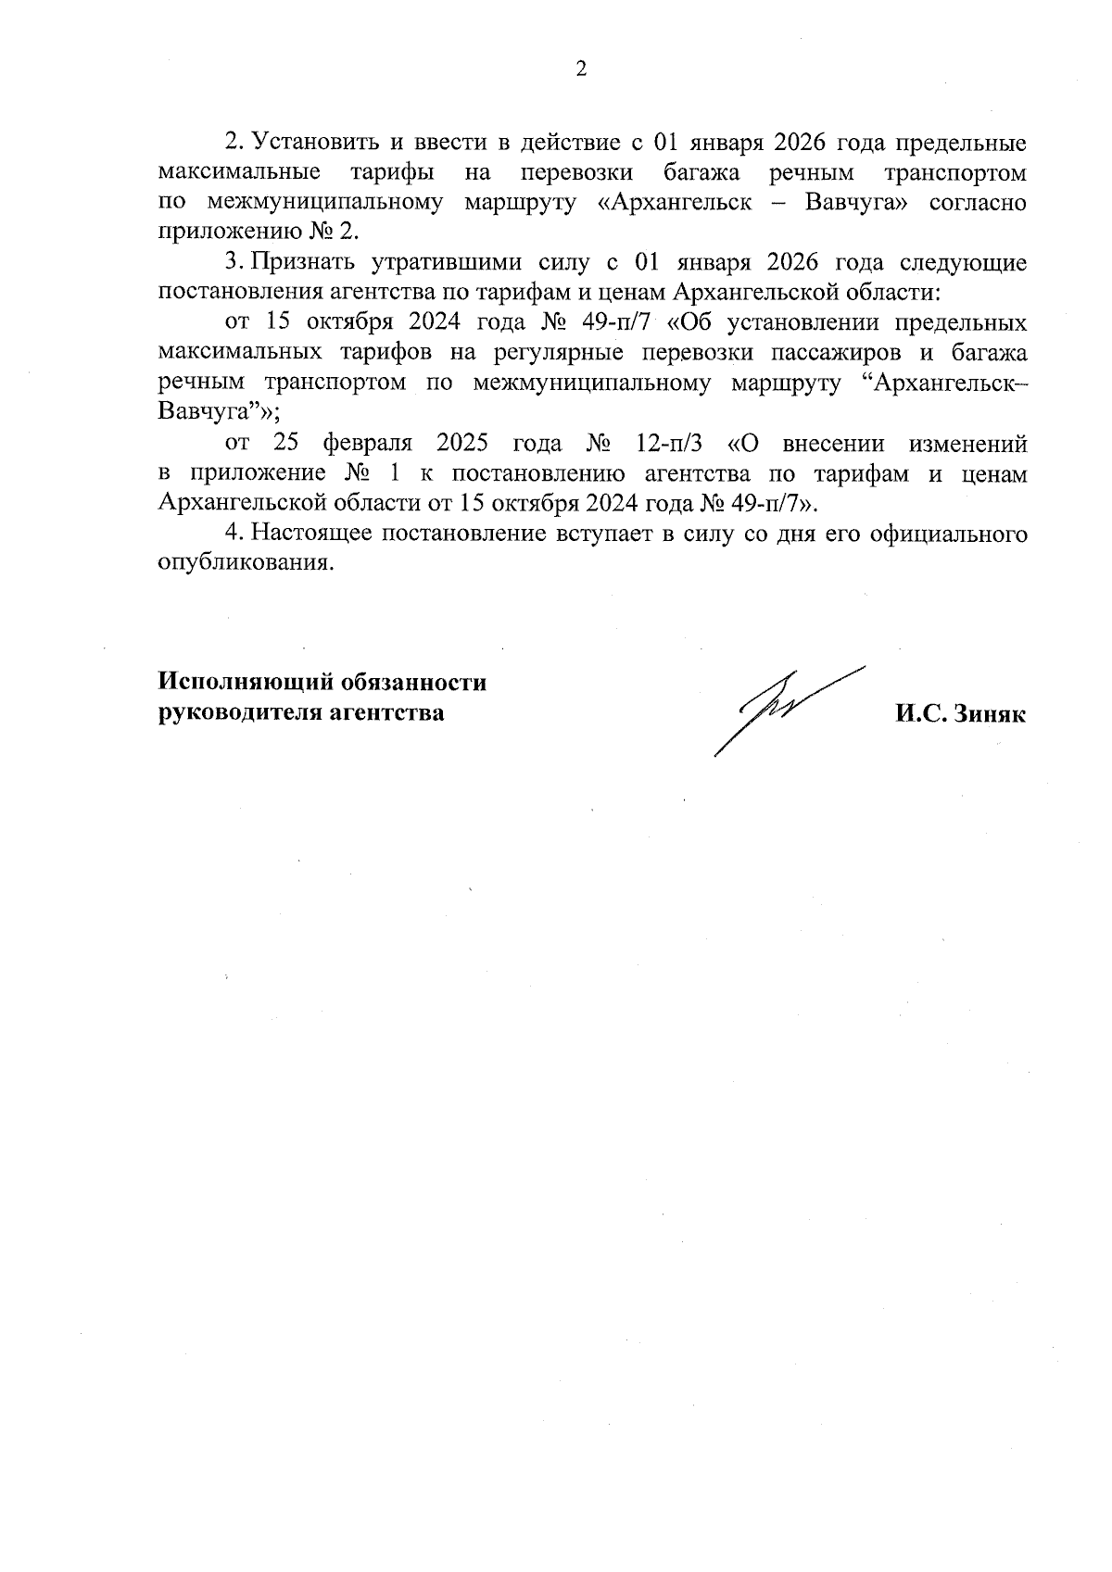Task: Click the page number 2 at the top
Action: click(581, 69)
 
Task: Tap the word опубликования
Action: click(245, 563)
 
